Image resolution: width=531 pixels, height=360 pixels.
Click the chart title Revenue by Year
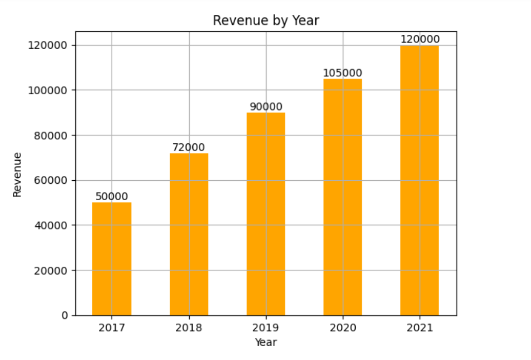click(x=265, y=20)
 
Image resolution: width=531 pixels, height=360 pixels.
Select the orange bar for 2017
click(x=112, y=259)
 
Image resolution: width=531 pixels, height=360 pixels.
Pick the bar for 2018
click(x=189, y=234)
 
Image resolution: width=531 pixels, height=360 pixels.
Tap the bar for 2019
click(x=265, y=214)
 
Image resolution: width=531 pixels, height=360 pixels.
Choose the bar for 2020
click(x=342, y=197)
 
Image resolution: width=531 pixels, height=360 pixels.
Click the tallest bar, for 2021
click(x=419, y=180)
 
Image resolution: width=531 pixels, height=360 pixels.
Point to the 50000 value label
click(x=112, y=197)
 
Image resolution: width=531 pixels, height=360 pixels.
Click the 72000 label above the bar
click(x=189, y=147)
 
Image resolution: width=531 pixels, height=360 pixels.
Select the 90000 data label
click(x=265, y=107)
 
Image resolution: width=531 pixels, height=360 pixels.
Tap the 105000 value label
click(x=342, y=73)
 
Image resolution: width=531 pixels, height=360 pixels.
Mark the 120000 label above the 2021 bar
click(x=419, y=39)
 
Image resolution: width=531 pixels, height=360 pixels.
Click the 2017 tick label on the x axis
click(x=112, y=328)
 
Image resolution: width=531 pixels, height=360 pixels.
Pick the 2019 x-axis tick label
click(x=265, y=328)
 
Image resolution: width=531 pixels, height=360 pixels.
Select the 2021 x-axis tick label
click(x=419, y=328)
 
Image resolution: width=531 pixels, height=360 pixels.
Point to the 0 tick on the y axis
click(x=65, y=315)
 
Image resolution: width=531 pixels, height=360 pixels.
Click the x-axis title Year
click(x=265, y=342)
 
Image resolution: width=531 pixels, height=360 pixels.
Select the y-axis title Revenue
click(x=18, y=174)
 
